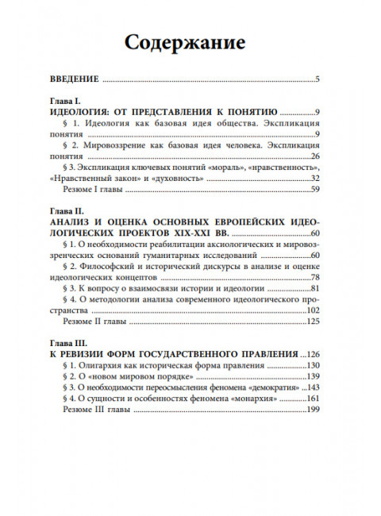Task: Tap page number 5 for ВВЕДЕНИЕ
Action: click(x=316, y=79)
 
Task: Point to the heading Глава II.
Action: click(x=67, y=211)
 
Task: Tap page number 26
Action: click(x=314, y=157)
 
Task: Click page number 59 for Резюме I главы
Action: click(x=314, y=190)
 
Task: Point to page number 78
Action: click(x=314, y=277)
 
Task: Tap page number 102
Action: click(x=312, y=310)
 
